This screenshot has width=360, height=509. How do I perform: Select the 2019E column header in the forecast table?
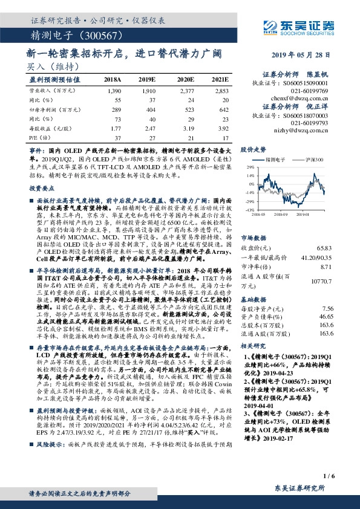coord(147,79)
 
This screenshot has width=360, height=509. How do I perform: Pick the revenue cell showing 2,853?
coord(220,90)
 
